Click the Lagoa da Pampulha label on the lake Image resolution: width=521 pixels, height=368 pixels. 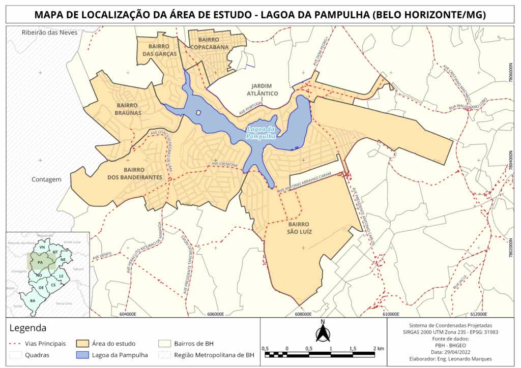[x=261, y=133]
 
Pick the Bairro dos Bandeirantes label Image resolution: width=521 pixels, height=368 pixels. [x=135, y=174]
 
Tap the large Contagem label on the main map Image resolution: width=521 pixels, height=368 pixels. [x=46, y=179]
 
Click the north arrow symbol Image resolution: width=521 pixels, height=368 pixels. [x=323, y=333]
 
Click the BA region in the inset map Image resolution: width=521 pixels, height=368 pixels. [x=33, y=300]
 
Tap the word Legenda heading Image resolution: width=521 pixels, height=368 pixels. [x=28, y=328]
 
